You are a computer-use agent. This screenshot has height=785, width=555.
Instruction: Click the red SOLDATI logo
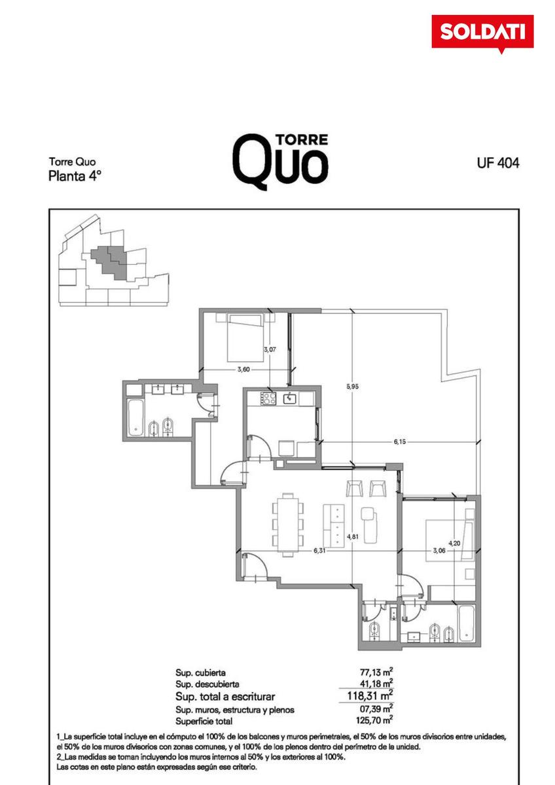[x=482, y=32]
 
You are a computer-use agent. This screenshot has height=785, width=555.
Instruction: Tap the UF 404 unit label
[x=498, y=163]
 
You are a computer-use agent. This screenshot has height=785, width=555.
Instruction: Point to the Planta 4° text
[x=75, y=176]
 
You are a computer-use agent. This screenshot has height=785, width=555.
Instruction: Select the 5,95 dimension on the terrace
[x=352, y=387]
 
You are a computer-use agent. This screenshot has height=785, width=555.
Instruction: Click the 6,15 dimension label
[x=399, y=442]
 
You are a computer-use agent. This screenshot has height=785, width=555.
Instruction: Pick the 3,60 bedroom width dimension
[x=243, y=369]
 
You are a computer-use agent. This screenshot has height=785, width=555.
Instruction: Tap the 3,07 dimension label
[x=270, y=349]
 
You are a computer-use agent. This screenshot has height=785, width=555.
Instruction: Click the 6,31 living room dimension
[x=319, y=551]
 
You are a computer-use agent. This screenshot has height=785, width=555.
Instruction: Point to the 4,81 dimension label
[x=352, y=536]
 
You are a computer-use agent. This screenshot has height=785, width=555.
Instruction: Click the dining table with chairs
[x=288, y=525]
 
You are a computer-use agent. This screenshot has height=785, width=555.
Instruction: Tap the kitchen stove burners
[x=268, y=399]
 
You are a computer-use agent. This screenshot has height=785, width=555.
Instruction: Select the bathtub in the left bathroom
[x=135, y=418]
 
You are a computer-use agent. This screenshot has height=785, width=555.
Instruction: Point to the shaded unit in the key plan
[x=109, y=261]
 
